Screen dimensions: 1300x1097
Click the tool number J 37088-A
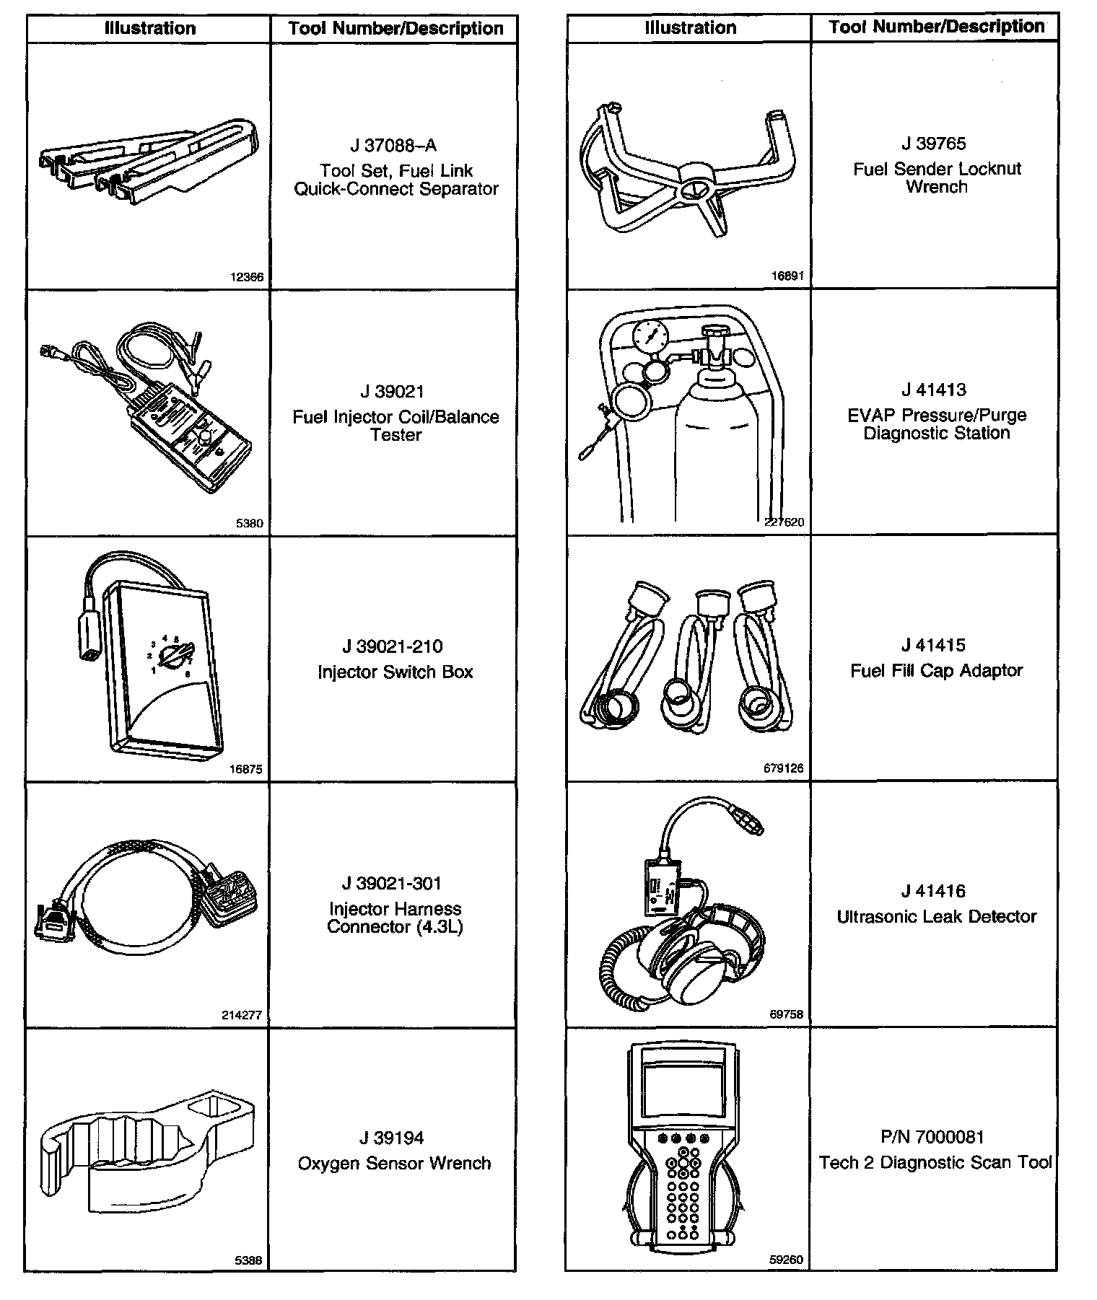[393, 146]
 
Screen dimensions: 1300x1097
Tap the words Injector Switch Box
[395, 672]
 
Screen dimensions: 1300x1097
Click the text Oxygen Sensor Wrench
[394, 1164]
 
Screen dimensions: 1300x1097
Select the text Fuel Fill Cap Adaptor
[936, 671]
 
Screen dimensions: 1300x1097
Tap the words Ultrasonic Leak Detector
[936, 917]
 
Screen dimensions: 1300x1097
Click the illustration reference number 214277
[242, 1015]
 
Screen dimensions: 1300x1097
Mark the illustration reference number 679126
[783, 768]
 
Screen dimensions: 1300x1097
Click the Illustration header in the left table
[150, 29]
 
